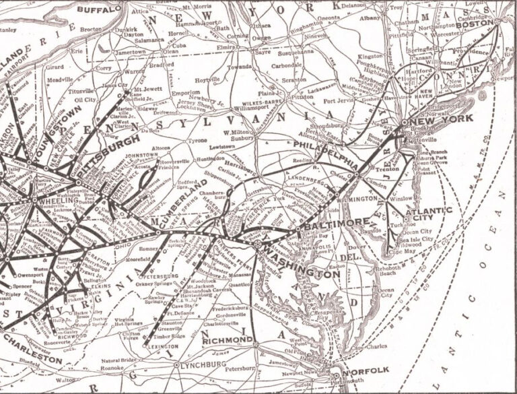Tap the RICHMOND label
point(227,339)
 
